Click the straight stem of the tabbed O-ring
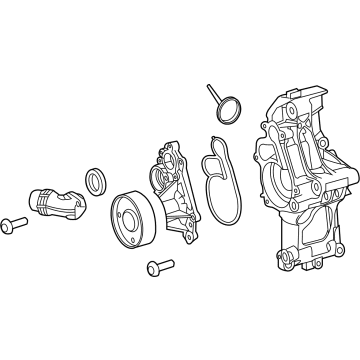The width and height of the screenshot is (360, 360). (x=213, y=94)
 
